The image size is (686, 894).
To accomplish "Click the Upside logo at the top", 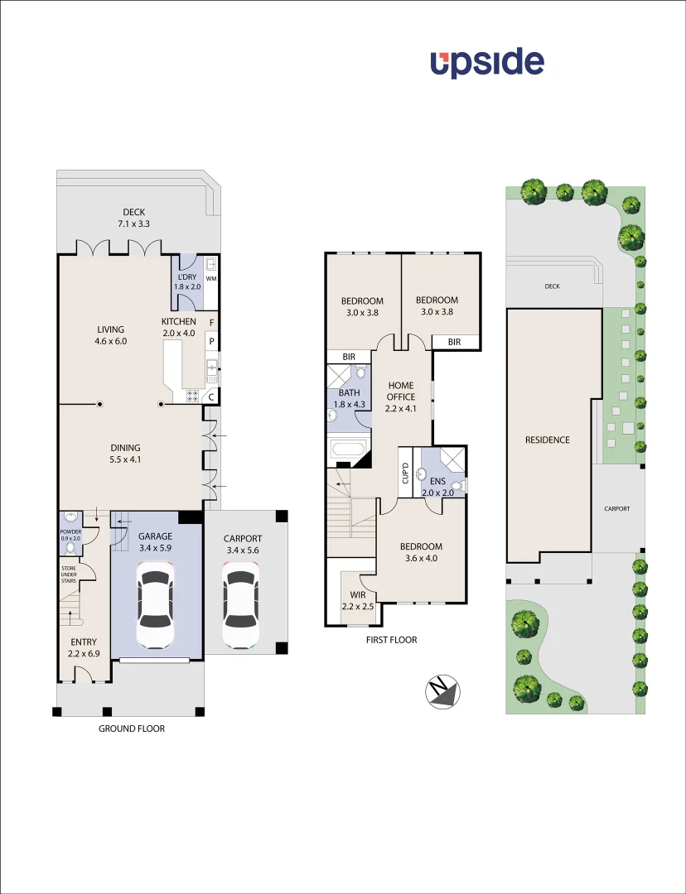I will click(x=487, y=64).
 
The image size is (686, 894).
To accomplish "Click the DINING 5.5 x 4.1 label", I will click(x=125, y=454).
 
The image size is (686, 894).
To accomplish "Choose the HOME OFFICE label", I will click(x=401, y=391).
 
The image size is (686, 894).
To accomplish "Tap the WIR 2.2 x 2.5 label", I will click(x=357, y=600).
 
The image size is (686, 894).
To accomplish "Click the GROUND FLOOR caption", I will click(x=132, y=728).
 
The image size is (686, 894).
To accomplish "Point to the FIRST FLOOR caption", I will click(x=392, y=640).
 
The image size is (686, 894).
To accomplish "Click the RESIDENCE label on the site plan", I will click(x=547, y=440).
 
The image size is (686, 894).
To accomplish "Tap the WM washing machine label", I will click(x=210, y=279).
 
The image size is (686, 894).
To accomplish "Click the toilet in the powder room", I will click(x=70, y=547).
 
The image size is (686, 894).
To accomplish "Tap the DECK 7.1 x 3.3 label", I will click(x=133, y=218).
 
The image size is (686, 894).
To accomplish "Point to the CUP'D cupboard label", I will click(x=406, y=473).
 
